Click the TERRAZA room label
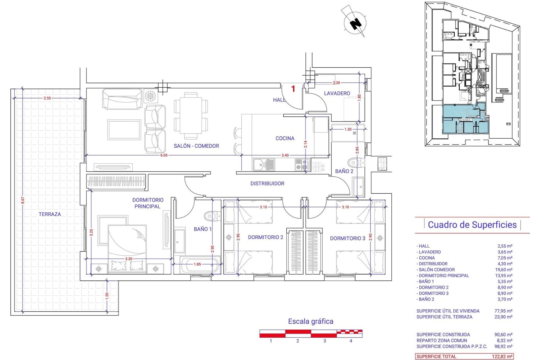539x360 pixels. (x=50, y=214)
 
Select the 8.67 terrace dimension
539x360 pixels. (x=23, y=200)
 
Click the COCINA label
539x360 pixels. (x=285, y=138)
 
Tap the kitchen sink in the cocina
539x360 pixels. (x=264, y=164)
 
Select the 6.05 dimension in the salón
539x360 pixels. (x=164, y=155)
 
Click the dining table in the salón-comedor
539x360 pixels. (x=191, y=116)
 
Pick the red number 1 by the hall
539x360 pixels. (x=293, y=89)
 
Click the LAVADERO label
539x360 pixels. (x=337, y=93)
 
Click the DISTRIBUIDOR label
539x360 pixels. (x=267, y=184)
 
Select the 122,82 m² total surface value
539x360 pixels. (x=502, y=357)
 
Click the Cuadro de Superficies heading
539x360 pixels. (x=472, y=225)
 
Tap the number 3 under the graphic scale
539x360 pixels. (x=325, y=341)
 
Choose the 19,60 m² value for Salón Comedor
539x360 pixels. (x=505, y=270)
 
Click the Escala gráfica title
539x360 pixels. (x=310, y=321)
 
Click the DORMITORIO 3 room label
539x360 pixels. (x=348, y=238)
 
